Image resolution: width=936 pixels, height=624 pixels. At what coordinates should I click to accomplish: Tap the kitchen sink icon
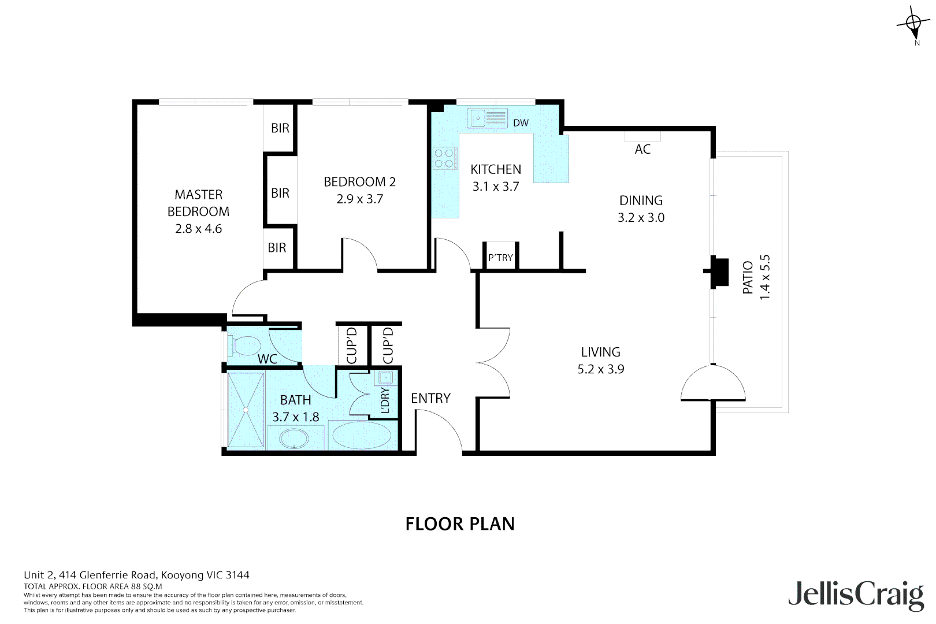[487, 118]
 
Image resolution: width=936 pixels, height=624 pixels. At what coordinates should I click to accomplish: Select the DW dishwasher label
[521, 122]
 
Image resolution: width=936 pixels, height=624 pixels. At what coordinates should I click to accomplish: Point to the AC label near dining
[642, 149]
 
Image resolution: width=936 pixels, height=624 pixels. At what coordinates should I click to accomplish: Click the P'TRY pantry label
[500, 258]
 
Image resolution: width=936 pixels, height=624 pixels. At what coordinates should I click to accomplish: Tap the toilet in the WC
[246, 346]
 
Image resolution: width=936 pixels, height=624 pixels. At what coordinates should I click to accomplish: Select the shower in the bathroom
[246, 410]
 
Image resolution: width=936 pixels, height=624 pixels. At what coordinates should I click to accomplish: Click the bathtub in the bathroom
[362, 435]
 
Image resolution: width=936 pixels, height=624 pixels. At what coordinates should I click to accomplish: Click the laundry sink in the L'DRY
[385, 378]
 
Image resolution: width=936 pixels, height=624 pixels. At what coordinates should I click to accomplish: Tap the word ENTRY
[430, 398]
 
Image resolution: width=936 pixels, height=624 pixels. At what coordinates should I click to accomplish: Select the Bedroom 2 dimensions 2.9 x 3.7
[359, 199]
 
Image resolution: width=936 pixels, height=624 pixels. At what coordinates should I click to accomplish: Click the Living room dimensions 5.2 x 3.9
[600, 369]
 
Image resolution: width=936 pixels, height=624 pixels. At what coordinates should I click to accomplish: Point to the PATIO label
[748, 277]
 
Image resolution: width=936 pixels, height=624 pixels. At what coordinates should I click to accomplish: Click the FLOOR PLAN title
[460, 523]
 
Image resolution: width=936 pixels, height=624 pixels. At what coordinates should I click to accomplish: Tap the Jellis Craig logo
[856, 595]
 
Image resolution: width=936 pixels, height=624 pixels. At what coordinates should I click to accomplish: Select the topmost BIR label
[280, 128]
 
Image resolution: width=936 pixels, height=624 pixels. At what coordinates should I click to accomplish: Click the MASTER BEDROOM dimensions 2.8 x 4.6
[198, 229]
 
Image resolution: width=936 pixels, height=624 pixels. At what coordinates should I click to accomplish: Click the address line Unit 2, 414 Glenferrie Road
[136, 575]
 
